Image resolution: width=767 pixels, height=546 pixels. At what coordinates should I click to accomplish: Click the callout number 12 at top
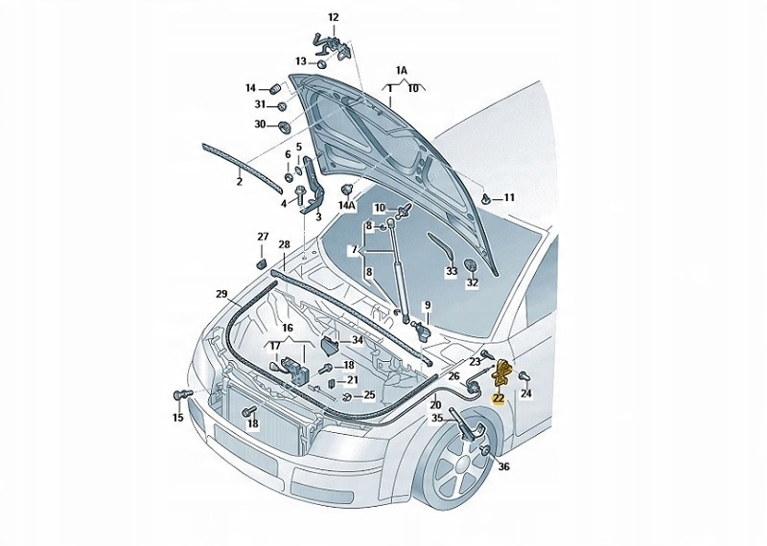[x=334, y=17]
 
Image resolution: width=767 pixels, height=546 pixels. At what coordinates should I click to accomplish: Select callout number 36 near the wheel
[x=504, y=466]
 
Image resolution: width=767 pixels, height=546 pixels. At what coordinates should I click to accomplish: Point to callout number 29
[x=221, y=293]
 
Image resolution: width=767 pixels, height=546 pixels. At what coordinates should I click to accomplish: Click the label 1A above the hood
[x=402, y=71]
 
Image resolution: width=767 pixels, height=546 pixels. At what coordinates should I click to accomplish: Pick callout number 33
[x=452, y=271]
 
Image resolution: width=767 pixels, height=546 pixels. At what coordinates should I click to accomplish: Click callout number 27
[x=263, y=237]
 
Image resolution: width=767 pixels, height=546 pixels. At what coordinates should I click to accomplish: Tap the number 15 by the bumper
[x=177, y=418]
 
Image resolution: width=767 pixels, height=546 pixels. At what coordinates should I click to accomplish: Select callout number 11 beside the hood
[x=509, y=198]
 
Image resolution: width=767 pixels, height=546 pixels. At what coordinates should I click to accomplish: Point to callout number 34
[x=357, y=339]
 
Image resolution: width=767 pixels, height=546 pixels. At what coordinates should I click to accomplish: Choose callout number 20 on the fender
[x=435, y=404]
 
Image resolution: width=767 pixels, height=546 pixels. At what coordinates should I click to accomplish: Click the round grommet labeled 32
[x=472, y=264]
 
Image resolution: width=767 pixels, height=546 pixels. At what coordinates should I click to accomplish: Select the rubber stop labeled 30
[x=285, y=125]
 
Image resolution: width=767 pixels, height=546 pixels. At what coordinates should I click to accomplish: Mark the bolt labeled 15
[x=178, y=395]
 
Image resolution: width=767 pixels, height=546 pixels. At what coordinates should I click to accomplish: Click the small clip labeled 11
[x=489, y=199]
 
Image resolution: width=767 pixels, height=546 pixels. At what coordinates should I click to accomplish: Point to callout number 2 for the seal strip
[x=240, y=180]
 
